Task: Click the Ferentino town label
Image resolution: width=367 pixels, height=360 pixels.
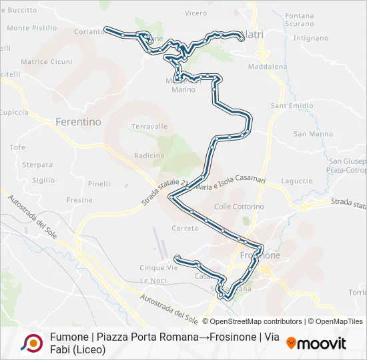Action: coord(78,122)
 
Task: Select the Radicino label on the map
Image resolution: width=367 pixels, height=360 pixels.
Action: coord(149,155)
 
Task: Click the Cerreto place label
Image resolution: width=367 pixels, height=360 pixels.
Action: coord(185,228)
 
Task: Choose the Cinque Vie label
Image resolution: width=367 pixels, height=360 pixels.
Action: coord(159,268)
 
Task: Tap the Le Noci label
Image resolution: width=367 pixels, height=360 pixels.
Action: coord(153,280)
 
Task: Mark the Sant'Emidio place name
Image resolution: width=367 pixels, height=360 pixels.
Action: coord(292,105)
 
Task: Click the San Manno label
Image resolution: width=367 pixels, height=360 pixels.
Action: coord(313,134)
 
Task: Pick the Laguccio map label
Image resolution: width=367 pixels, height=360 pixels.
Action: coord(297,181)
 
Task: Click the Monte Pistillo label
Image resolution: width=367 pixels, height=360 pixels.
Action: coord(32,28)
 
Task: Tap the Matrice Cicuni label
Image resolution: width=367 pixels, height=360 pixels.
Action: coord(47,62)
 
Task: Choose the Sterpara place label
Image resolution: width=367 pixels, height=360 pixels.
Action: coord(37,165)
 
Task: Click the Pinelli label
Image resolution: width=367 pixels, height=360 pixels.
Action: coord(99,184)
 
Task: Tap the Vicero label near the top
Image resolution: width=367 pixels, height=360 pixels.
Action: coord(196,13)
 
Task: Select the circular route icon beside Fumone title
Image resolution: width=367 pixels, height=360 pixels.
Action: coord(31,343)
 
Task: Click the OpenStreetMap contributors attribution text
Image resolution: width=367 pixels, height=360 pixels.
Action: coord(247,321)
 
